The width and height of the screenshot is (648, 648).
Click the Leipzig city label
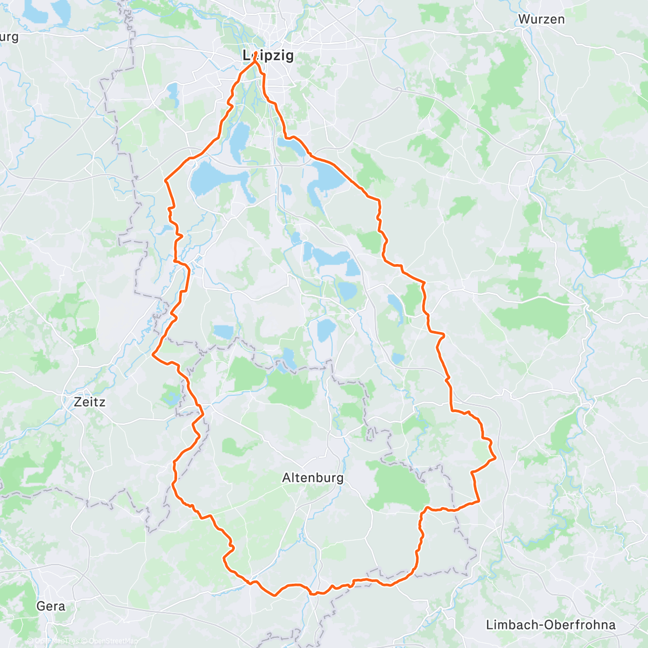268,55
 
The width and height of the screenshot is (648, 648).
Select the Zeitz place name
89,402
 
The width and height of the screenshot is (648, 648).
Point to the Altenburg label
313,478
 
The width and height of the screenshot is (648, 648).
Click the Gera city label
51,606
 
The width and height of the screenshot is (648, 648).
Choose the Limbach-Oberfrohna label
550,625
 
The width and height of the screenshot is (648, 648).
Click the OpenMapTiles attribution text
56,641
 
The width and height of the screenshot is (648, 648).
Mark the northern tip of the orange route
255,61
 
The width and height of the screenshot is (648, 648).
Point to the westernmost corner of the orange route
153,355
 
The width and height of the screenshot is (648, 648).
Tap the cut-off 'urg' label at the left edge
9,37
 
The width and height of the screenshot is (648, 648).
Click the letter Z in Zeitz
78,402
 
